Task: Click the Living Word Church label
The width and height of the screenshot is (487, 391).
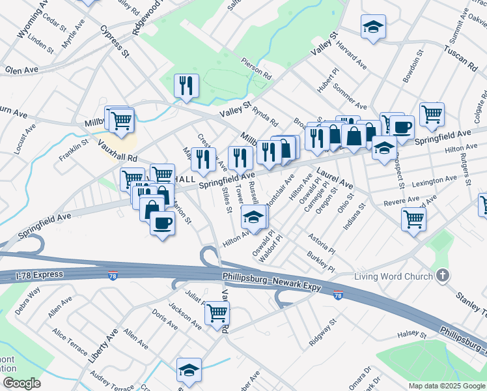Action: click(393, 276)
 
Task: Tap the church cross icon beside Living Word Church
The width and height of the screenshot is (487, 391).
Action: click(443, 276)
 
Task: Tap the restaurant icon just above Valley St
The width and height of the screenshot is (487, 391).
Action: click(187, 86)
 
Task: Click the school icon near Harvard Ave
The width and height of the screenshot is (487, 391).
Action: click(373, 27)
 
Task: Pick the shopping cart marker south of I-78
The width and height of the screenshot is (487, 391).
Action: click(217, 313)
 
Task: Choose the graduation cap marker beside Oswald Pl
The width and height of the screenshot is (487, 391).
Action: click(254, 217)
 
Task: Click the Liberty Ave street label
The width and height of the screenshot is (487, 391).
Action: click(103, 345)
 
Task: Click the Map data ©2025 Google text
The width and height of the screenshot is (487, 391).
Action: click(446, 385)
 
